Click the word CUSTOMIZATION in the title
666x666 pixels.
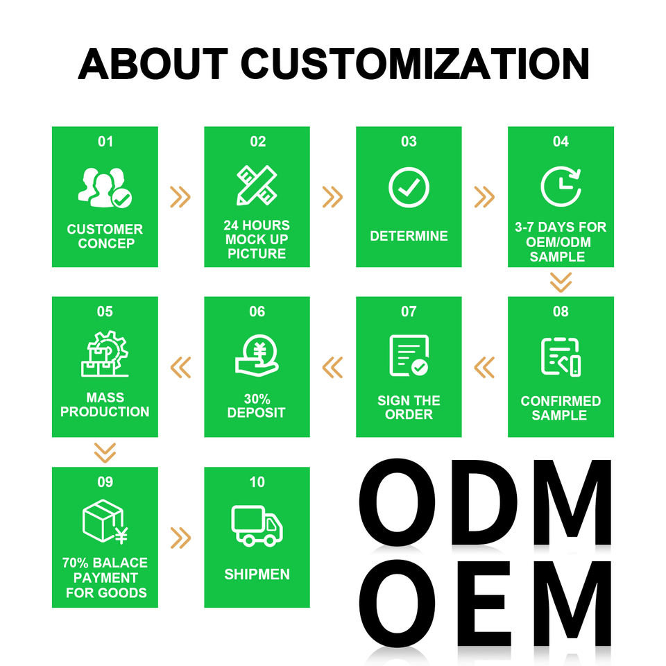coord(415,63)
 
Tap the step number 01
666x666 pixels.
coord(105,142)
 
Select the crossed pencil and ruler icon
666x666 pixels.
coord(257,186)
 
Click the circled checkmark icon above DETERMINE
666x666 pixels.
coord(409,187)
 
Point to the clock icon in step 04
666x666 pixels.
coord(561,187)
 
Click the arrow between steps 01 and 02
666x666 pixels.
coord(180,197)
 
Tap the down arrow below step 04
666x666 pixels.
coord(561,282)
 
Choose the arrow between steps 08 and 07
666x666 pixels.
coord(484,368)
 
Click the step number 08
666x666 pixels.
coord(561,311)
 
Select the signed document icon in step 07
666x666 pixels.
coord(409,356)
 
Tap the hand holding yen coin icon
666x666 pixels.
coord(257,355)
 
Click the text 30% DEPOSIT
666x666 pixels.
coord(257,406)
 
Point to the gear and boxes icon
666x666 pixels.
coord(105,354)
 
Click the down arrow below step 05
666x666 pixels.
coord(105,453)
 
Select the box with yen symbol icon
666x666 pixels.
coord(105,522)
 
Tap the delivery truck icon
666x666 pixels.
coord(257,525)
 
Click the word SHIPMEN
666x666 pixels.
coord(257,574)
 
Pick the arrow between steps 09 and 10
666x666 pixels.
coord(180,538)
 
